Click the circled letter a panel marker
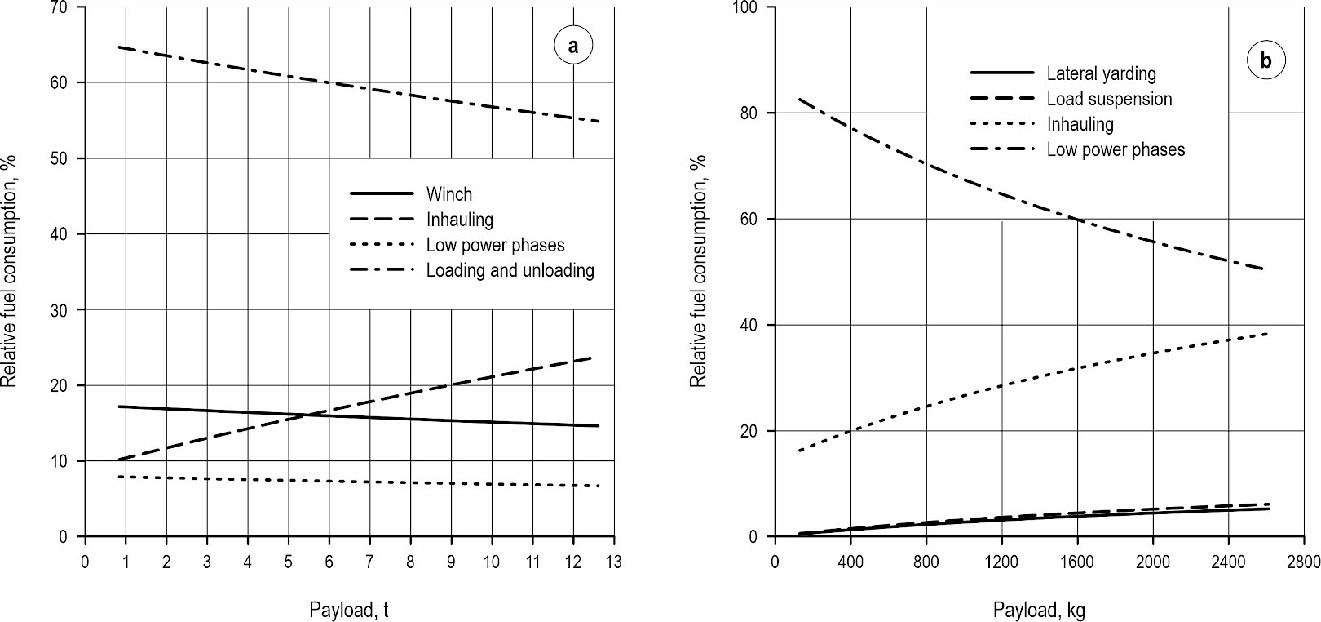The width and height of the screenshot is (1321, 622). pyautogui.click(x=573, y=46)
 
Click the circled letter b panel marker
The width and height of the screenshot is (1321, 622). pyautogui.click(x=1266, y=60)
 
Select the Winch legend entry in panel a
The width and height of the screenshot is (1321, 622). pyautogui.click(x=448, y=194)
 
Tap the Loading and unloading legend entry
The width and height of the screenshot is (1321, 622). pyautogui.click(x=510, y=270)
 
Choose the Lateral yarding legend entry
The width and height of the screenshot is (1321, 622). pyautogui.click(x=1101, y=73)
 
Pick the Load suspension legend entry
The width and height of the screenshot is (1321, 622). pyautogui.click(x=1109, y=99)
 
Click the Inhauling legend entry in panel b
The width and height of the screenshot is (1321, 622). pyautogui.click(x=1080, y=124)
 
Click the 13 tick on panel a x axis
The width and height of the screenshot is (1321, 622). pyautogui.click(x=613, y=562)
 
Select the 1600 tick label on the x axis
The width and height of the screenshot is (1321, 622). pyautogui.click(x=1077, y=562)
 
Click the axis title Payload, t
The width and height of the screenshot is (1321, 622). pyautogui.click(x=349, y=610)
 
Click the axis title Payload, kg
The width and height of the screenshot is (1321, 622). pyautogui.click(x=1039, y=610)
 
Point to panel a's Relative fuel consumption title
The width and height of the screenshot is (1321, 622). pyautogui.click(x=10, y=271)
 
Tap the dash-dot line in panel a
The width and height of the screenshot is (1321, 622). pyautogui.click(x=329, y=82)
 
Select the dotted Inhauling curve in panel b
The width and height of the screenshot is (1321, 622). pyautogui.click(x=1001, y=385)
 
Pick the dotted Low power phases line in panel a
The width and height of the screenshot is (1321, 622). pyautogui.click(x=329, y=481)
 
